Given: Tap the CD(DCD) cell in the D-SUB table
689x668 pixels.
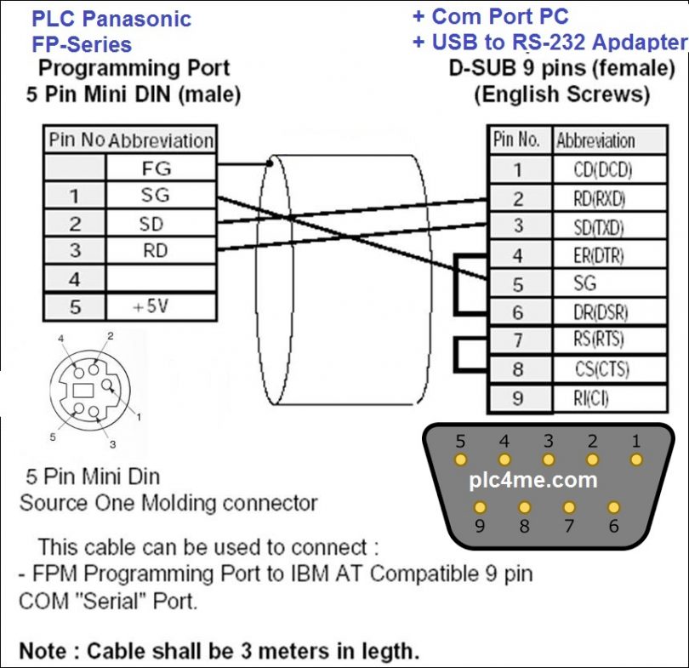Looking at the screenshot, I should [603, 169].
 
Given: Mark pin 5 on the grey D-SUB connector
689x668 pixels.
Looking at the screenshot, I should [461, 460].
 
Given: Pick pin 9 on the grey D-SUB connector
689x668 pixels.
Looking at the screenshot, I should [481, 507].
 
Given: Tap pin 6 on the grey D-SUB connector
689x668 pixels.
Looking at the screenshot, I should [612, 507].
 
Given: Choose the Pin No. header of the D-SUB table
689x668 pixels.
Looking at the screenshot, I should [516, 140].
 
